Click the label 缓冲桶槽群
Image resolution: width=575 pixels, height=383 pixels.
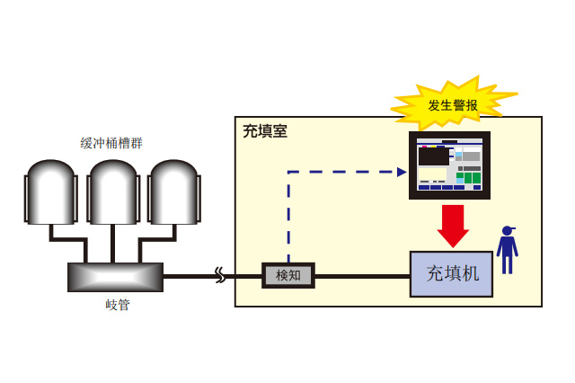pos(111,143)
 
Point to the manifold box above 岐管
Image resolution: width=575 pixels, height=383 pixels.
pos(115,277)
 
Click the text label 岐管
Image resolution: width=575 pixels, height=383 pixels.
pos(118,305)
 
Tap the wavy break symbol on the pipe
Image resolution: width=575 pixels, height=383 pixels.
pos(220,275)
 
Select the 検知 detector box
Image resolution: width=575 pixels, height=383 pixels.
pos(288,275)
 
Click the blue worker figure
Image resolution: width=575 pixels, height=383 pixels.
pos(508,251)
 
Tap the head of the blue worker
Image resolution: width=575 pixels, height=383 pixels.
pos(508,231)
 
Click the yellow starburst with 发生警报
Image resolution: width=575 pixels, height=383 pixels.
pos(452,104)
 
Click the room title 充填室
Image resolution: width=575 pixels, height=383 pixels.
pos(265,131)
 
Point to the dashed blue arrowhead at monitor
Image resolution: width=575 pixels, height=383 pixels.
pos(402,172)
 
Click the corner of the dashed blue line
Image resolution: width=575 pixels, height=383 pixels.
pos(288,172)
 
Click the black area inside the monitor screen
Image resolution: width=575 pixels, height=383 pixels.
pos(433,156)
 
